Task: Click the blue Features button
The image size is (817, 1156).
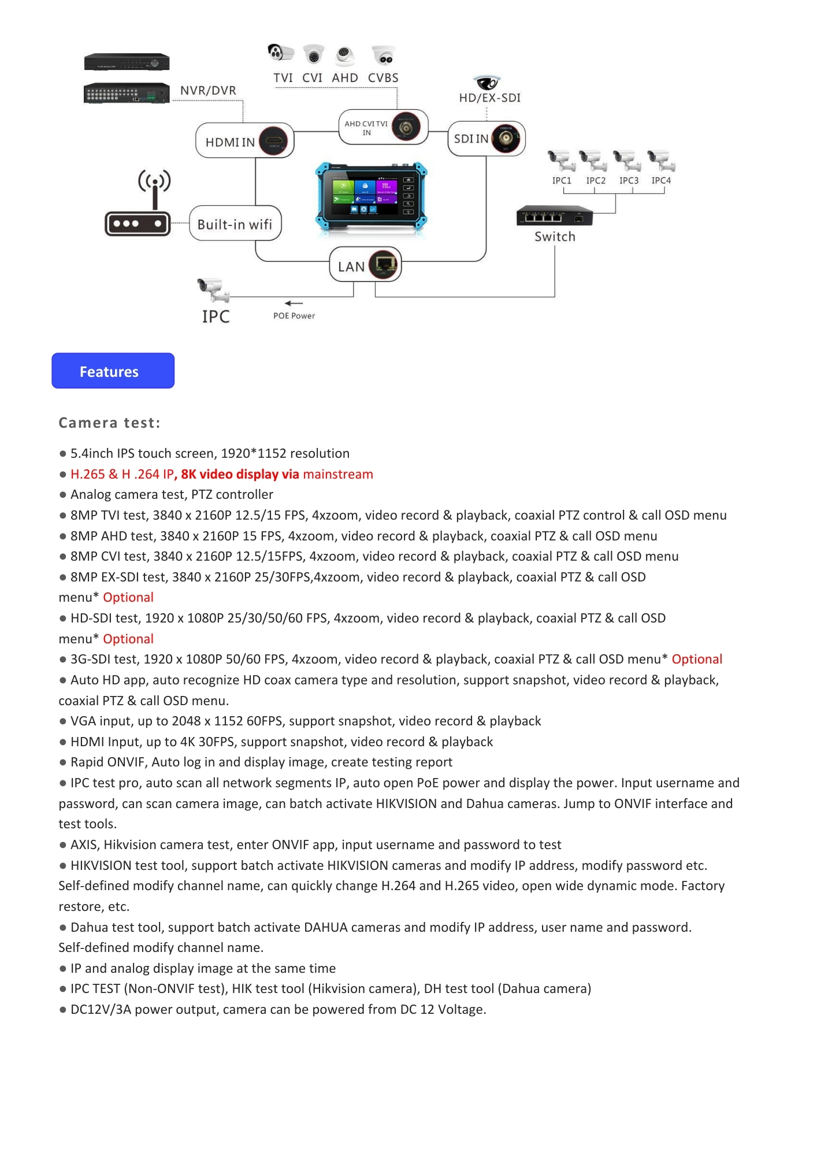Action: click(113, 370)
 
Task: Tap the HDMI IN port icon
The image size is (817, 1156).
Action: click(274, 140)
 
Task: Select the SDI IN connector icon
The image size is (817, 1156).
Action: click(506, 138)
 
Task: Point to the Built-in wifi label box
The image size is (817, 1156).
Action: click(235, 224)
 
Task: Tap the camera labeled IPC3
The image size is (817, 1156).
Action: click(627, 160)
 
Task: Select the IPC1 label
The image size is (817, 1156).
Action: click(562, 180)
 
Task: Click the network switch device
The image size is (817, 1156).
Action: click(555, 216)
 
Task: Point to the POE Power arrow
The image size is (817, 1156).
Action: click(294, 303)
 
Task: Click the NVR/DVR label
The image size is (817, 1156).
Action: click(208, 90)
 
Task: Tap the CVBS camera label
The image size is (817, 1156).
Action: click(383, 77)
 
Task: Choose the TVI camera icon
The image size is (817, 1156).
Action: click(280, 53)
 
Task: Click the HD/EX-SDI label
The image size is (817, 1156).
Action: click(490, 98)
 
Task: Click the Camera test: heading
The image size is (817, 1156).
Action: click(109, 423)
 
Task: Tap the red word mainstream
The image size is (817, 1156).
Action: click(338, 474)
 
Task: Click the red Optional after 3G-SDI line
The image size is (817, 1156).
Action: click(697, 659)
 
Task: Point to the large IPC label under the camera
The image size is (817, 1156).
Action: click(216, 316)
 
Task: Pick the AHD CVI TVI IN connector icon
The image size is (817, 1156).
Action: click(406, 127)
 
